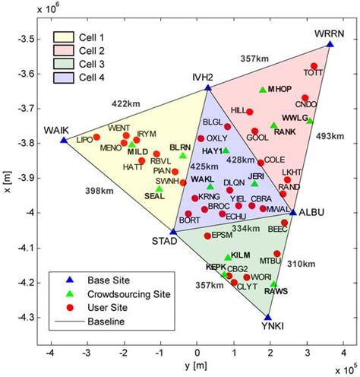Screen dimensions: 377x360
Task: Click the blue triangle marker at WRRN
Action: tap(330, 44)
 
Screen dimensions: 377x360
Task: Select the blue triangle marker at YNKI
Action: tap(268, 317)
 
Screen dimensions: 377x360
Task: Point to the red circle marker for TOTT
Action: tap(314, 66)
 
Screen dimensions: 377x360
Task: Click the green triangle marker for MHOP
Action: tap(263, 90)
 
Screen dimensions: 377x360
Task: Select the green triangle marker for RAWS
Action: tap(274, 284)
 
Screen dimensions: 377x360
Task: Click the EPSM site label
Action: tap(221, 236)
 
